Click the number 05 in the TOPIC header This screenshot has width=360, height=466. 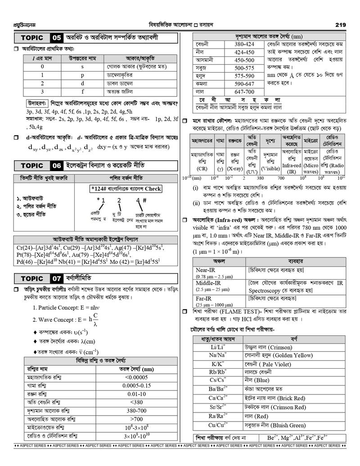pos(57,38)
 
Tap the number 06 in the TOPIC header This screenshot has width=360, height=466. pos(57,165)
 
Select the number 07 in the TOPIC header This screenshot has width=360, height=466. pos(57,278)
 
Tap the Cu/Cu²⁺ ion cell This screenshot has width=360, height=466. pos(218,425)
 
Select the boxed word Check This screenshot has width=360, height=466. pos(153,189)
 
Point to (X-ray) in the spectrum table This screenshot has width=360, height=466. pos(234,169)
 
